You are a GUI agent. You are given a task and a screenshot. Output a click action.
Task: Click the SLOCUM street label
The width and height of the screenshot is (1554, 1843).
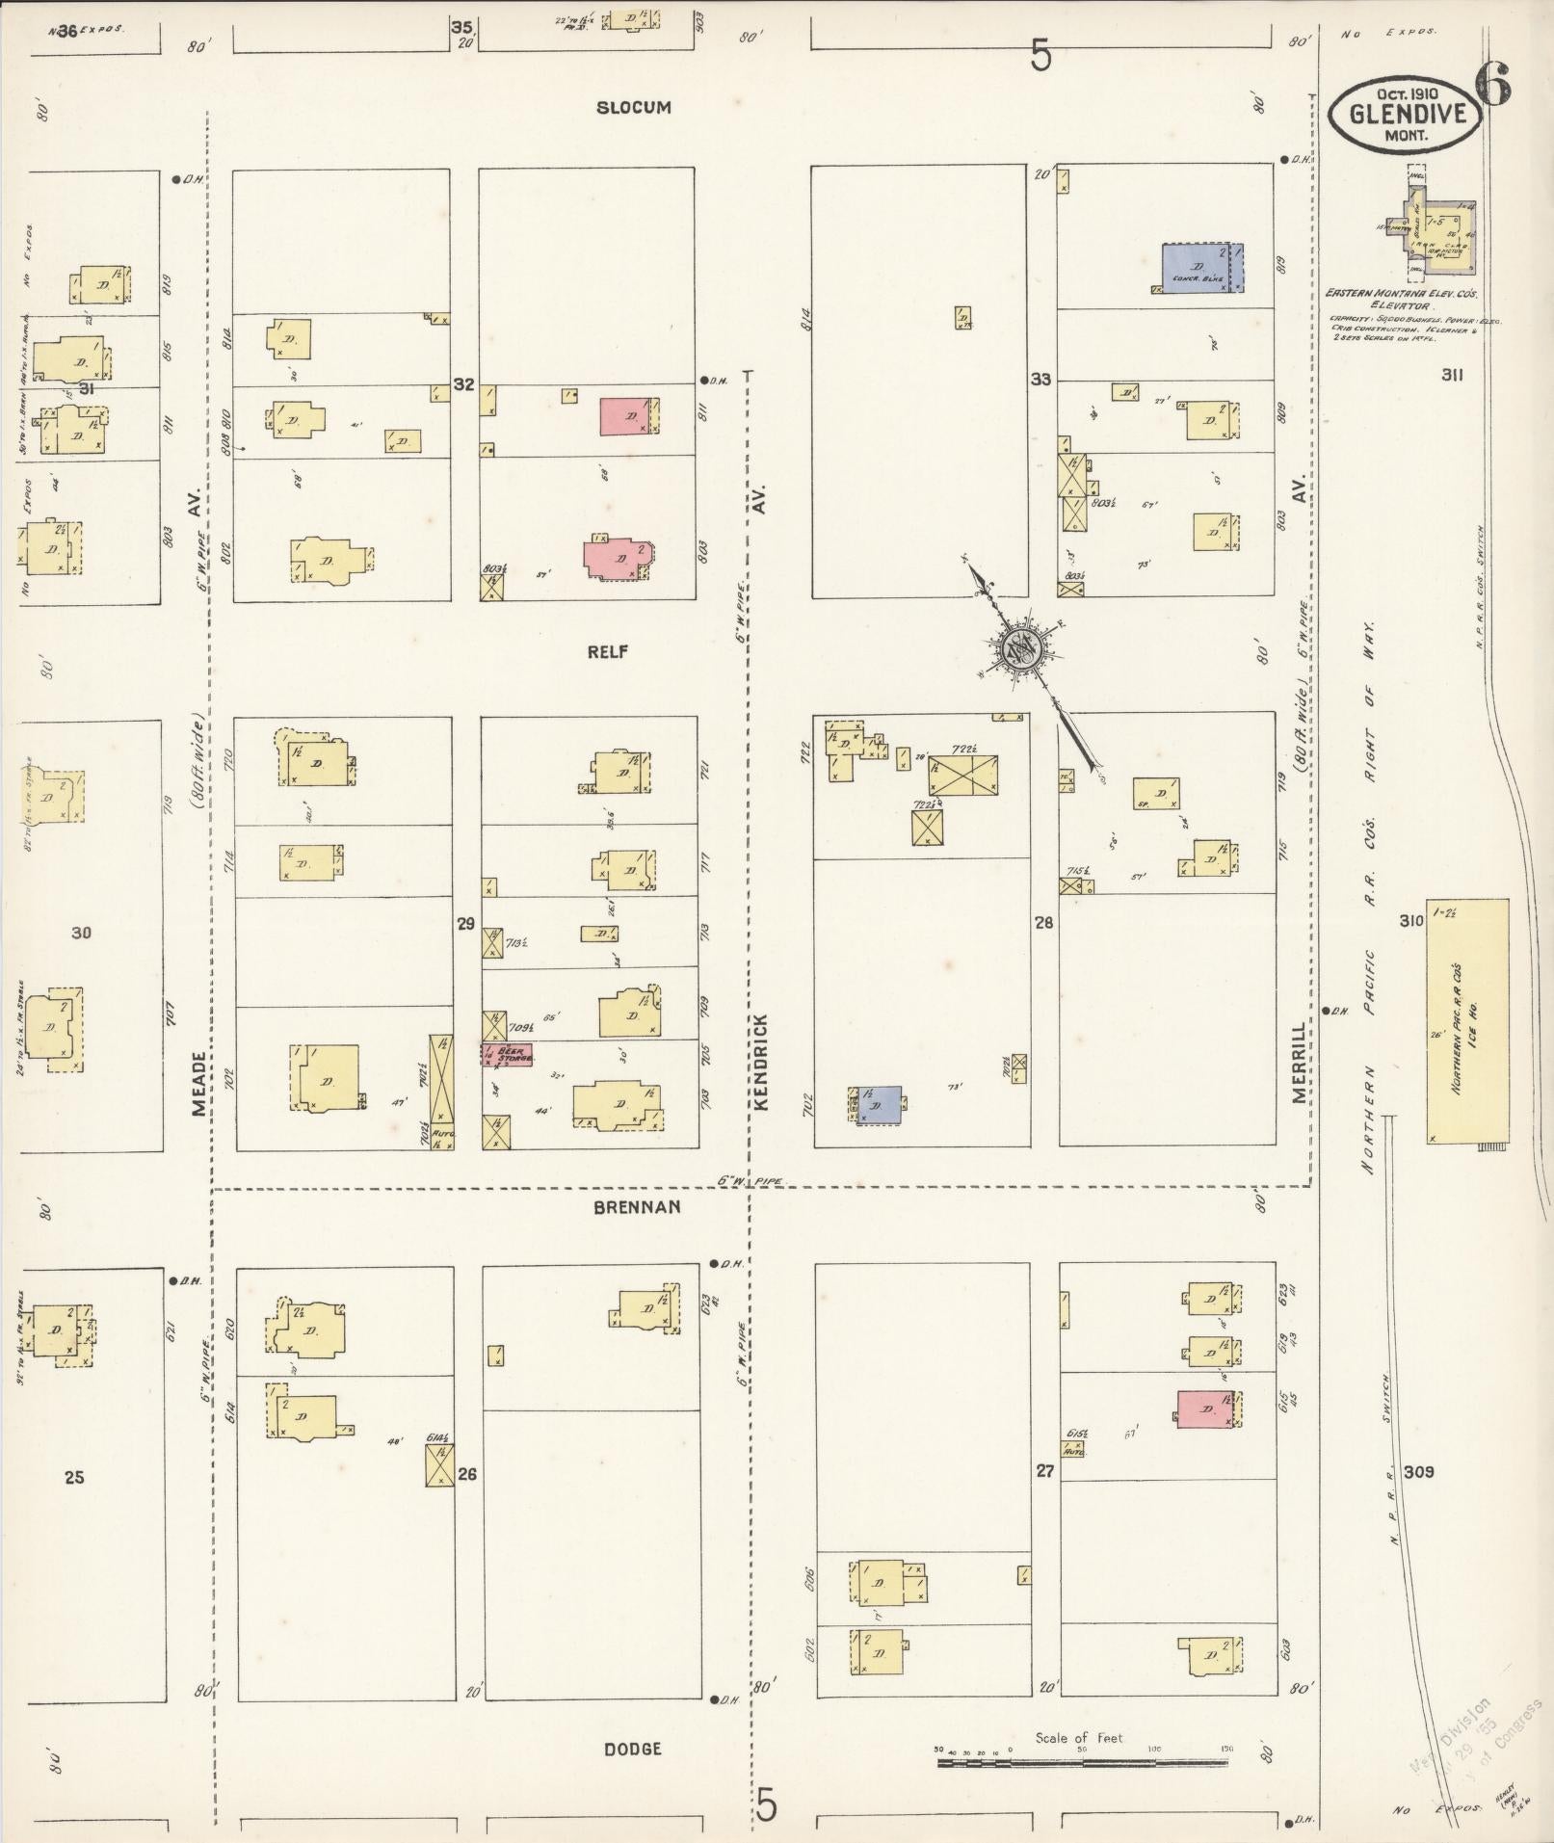pos(633,108)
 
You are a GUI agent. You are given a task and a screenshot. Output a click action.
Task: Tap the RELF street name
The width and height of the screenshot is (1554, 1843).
pos(608,652)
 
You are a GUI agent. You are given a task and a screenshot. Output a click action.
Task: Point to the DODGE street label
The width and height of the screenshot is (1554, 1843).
pos(632,1749)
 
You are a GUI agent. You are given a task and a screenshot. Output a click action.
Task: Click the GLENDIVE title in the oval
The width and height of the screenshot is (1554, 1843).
pos(1407,114)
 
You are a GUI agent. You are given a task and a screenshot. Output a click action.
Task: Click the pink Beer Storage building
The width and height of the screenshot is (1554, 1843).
pos(507,1053)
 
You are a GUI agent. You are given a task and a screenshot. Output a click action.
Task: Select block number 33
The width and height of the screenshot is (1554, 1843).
pos(1040,380)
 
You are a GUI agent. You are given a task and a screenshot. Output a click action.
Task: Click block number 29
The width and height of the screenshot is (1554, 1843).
pos(465,924)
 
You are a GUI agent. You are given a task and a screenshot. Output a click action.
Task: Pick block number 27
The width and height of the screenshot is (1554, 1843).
pos(1045,1471)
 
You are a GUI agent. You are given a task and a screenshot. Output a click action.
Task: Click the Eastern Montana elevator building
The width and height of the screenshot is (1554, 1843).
pos(1433,224)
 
